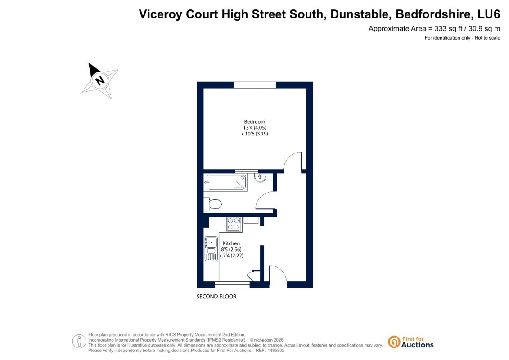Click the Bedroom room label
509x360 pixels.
[255, 122]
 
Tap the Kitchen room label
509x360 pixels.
[231, 243]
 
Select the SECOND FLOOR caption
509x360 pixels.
[216, 297]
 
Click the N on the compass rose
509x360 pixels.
[100, 80]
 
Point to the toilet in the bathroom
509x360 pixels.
[212, 204]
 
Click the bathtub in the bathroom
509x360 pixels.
[226, 182]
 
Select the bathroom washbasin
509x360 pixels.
[260, 178]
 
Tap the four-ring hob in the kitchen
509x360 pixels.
[234, 224]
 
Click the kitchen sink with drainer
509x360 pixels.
[211, 249]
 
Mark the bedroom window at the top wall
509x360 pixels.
[255, 85]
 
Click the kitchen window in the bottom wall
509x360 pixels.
[232, 285]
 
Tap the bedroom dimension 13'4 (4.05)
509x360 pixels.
[255, 127]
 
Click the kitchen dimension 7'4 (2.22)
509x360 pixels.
[231, 256]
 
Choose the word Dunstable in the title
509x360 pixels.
[359, 14]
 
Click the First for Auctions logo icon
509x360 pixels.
[394, 342]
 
